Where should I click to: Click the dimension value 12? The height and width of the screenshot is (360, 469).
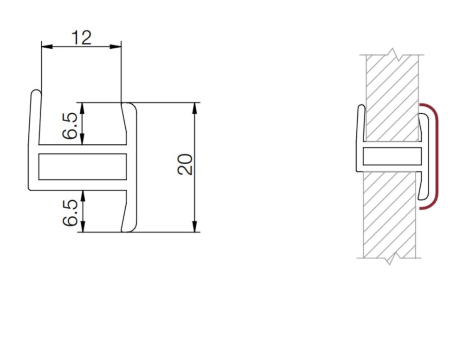click(81, 38)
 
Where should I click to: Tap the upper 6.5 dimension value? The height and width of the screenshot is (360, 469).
click(70, 126)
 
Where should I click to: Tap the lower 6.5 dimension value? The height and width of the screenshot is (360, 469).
click(70, 213)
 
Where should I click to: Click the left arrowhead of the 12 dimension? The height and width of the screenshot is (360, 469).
click(47, 46)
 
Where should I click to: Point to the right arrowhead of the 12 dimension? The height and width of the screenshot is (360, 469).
click(116, 46)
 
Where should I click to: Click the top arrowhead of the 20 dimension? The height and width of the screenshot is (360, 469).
click(195, 108)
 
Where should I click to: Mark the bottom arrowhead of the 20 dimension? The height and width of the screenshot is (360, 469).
click(195, 226)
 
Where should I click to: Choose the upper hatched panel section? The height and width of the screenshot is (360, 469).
click(392, 98)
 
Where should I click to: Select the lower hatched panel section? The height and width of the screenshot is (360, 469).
click(389, 215)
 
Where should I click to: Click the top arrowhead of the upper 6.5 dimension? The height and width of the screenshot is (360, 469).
click(83, 108)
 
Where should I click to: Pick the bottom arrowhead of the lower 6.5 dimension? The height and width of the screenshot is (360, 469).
click(83, 226)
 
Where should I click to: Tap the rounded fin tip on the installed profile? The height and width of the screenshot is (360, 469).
click(362, 106)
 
